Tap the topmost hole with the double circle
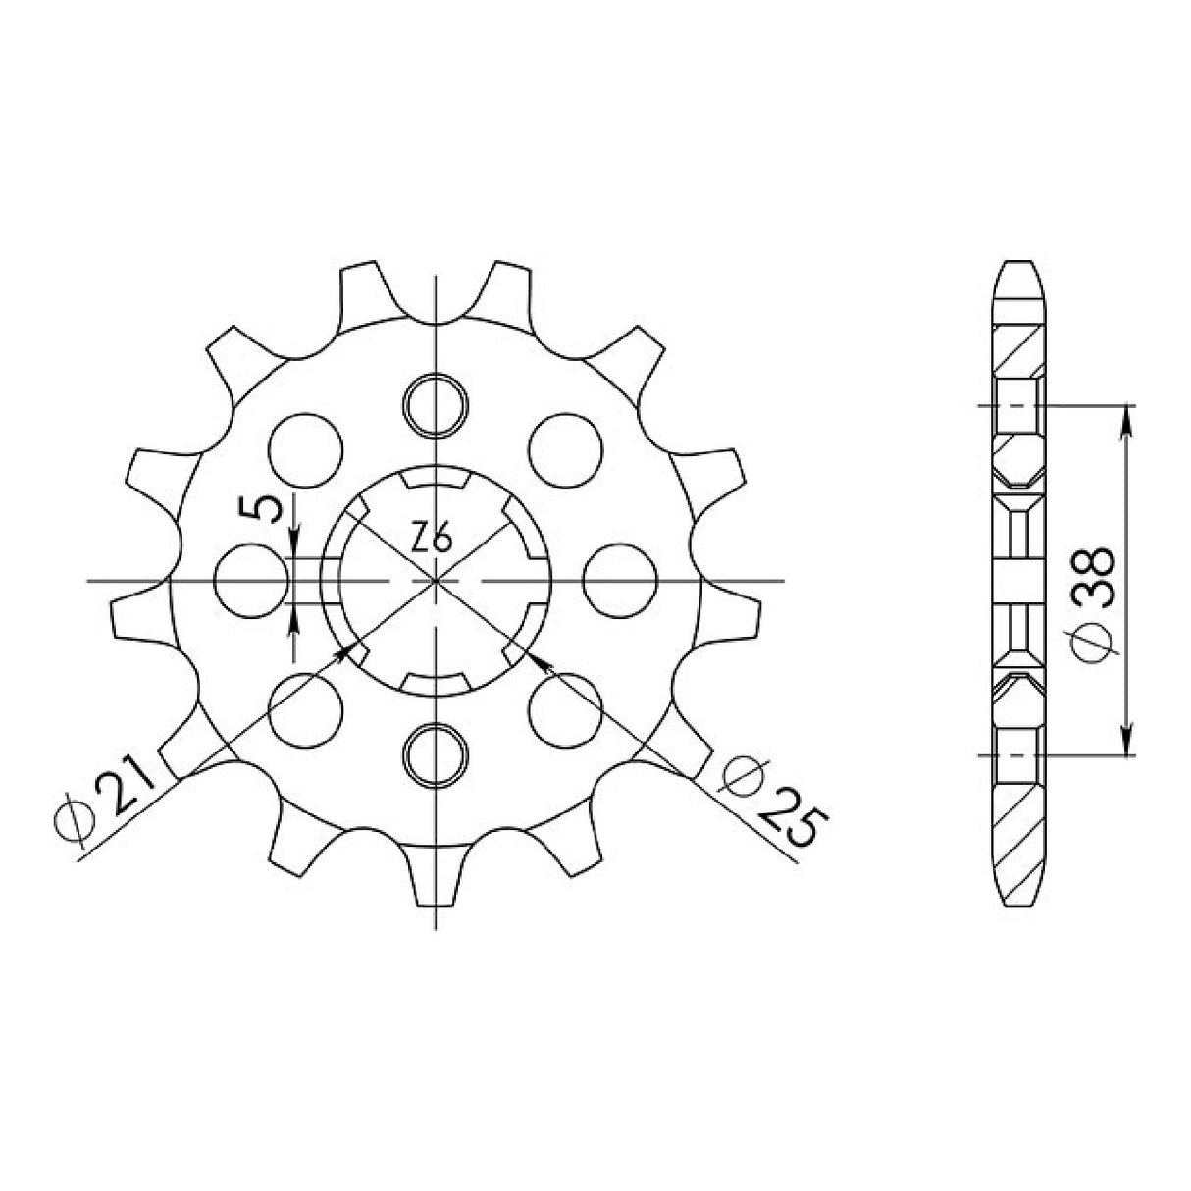[436, 403]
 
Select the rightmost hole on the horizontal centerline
[619, 580]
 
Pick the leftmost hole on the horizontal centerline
[251, 580]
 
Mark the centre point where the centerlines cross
[436, 581]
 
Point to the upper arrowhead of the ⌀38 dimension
[1127, 417]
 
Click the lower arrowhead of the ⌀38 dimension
[1127, 745]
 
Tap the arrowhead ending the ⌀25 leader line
[539, 661]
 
